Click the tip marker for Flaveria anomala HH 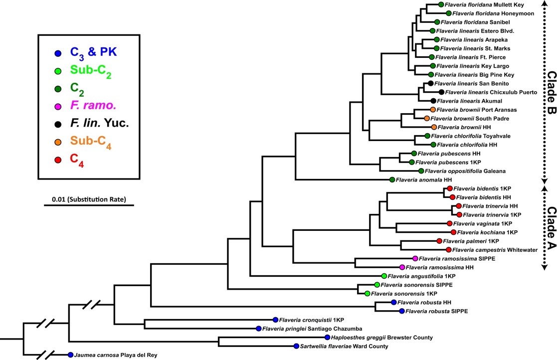[392, 180]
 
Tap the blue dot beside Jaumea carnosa [70, 355]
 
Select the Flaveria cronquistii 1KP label [312, 320]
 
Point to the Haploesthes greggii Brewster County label [382, 337]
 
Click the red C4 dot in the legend [58, 160]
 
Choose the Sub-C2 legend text [91, 71]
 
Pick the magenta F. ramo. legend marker [58, 107]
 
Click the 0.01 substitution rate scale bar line [89, 205]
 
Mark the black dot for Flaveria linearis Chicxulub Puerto [441, 92]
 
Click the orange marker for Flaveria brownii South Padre [427, 118]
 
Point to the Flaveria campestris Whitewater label [495, 250]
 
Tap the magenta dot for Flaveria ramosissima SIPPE [415, 258]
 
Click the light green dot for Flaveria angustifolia [384, 276]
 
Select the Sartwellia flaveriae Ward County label [344, 346]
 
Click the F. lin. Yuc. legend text [99, 123]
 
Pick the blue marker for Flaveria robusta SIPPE [402, 311]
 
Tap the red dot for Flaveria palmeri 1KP [439, 241]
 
